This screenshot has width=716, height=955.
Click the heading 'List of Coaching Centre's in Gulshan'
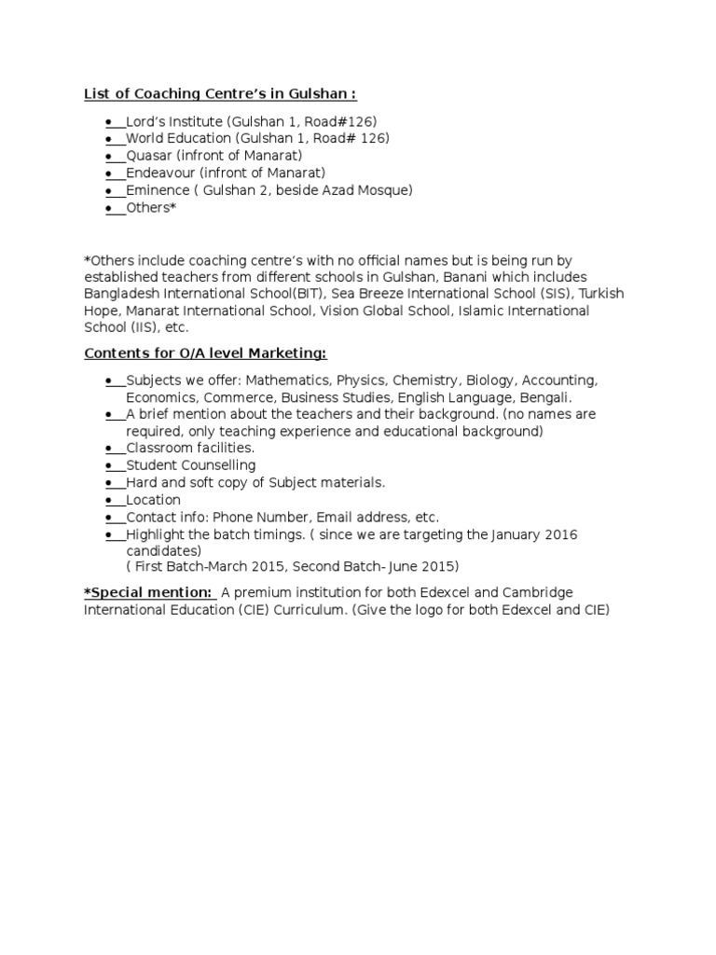220,94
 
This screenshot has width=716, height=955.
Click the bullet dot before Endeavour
109,173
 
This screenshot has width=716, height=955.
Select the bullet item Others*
150,208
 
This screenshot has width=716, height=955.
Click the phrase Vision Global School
385,311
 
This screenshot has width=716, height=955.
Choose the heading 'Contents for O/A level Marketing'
205,354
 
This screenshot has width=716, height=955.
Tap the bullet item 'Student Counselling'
190,465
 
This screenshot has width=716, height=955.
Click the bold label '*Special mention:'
148,593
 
